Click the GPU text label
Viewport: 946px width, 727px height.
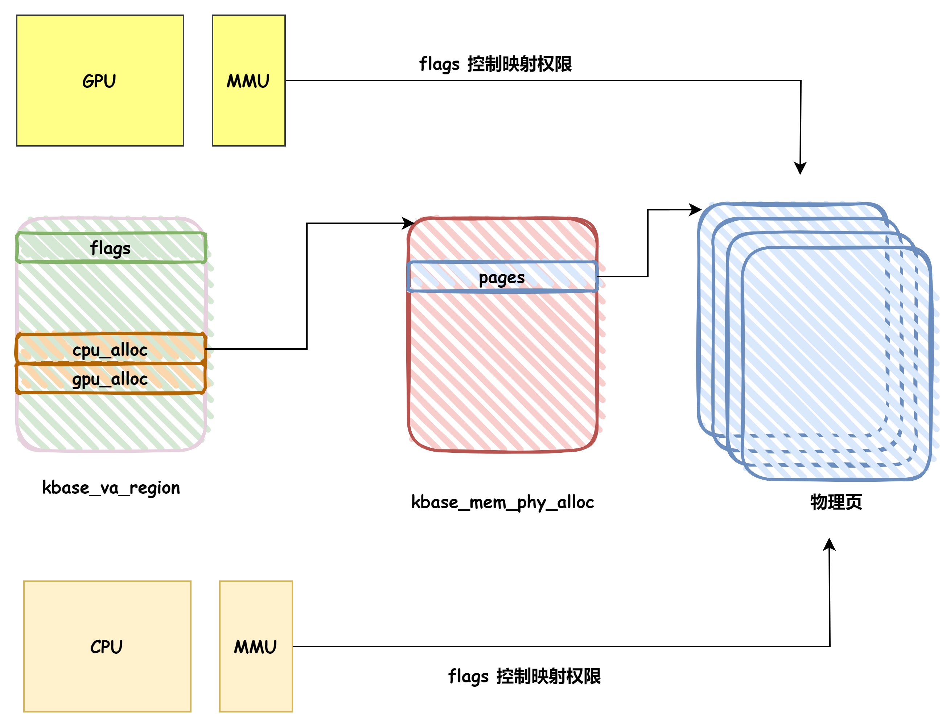99,81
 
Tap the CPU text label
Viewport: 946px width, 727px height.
106,647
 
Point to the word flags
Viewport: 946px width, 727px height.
110,248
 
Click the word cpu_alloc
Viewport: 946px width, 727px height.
110,350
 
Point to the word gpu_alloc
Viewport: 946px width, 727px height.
110,379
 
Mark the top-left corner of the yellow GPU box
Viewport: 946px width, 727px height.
17,16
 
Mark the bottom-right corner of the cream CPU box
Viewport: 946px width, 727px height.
190,711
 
